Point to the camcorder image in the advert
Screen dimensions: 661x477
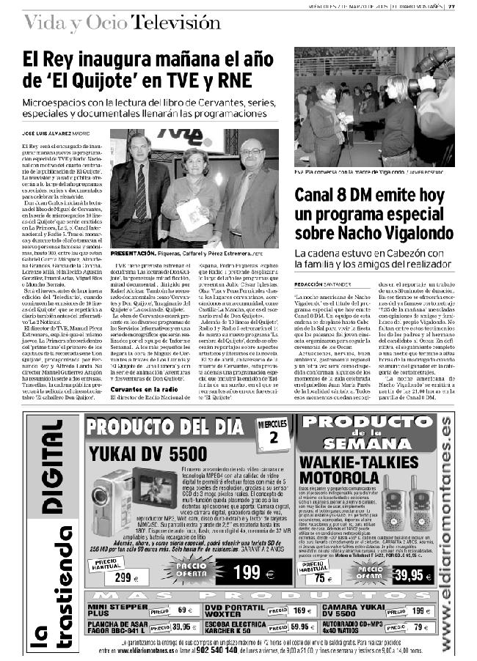tap(117, 498)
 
